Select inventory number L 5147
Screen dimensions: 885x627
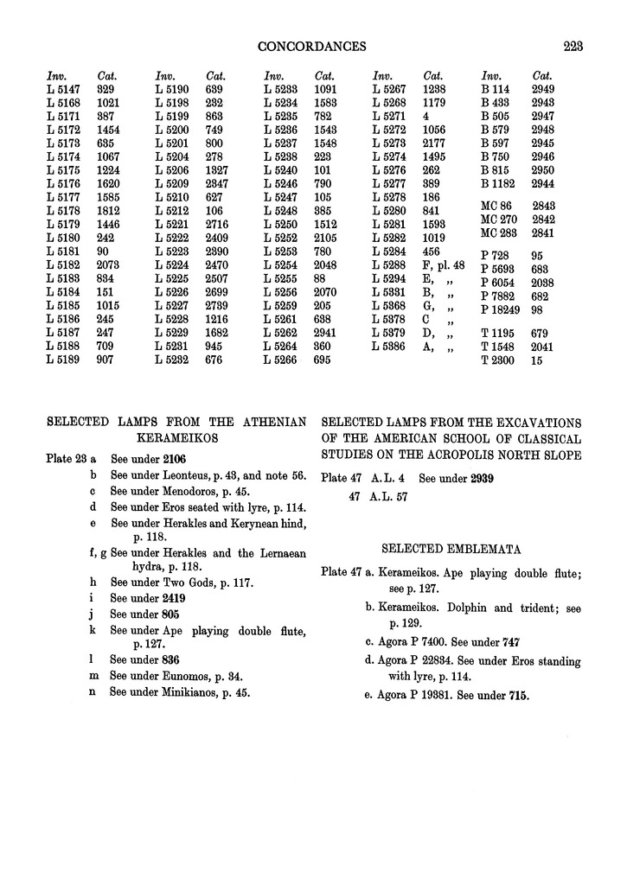pyautogui.click(x=63, y=89)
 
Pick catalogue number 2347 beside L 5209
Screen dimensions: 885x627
pyautogui.click(x=219, y=184)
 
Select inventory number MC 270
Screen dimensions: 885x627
pyautogui.click(x=498, y=221)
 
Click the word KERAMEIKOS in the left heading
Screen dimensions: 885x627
pyautogui.click(x=176, y=438)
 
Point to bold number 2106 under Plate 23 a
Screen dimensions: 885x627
pyautogui.click(x=170, y=459)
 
